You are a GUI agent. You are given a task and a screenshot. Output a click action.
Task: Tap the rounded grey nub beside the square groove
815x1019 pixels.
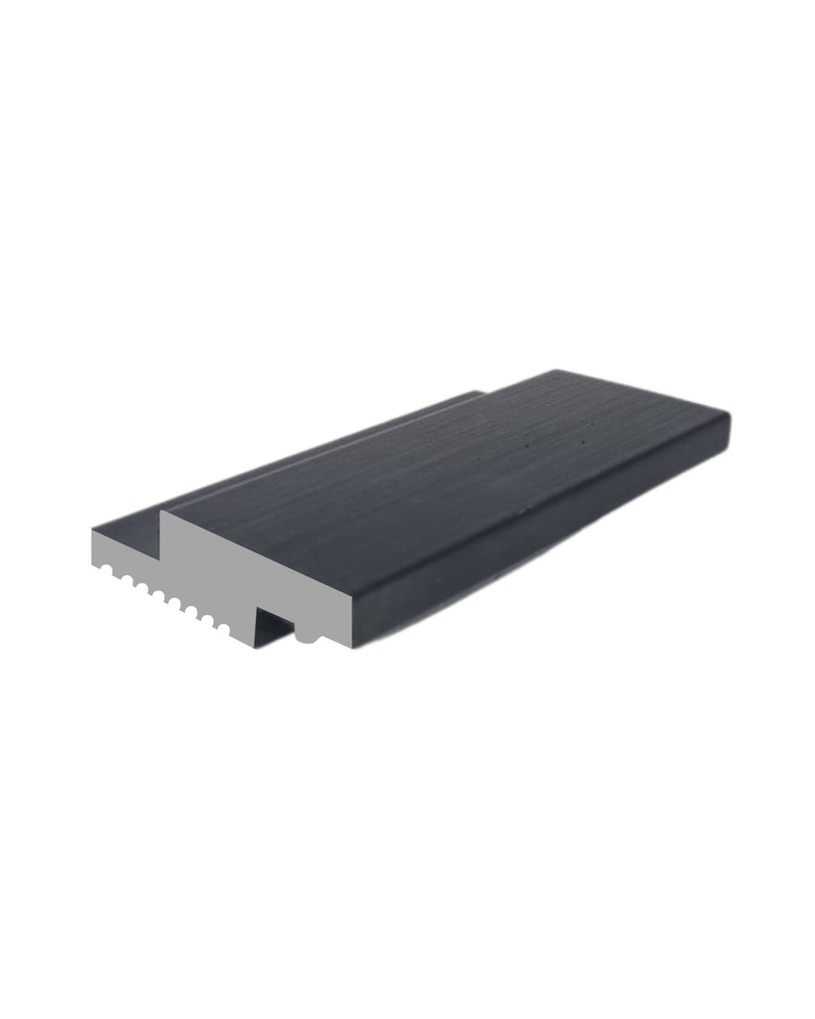[307, 634]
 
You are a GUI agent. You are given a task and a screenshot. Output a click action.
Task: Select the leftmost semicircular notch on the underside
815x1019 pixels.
[104, 570]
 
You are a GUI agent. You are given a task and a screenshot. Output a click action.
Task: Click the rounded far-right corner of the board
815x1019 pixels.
[727, 428]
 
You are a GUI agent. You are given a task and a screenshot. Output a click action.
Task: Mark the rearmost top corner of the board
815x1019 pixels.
[554, 371]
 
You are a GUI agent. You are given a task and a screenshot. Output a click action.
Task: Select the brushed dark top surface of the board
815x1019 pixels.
[448, 468]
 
